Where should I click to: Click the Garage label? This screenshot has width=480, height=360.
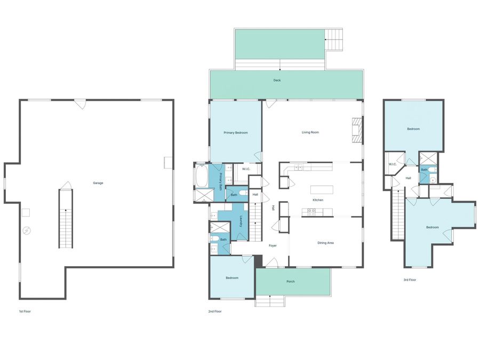[x=98, y=183]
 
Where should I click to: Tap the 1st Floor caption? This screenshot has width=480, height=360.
[x=25, y=311]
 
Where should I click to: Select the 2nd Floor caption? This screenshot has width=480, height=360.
[x=215, y=311]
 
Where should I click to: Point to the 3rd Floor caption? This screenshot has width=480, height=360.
[x=410, y=280]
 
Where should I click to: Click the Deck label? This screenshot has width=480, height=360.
[x=277, y=80]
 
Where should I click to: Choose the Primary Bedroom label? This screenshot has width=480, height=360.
[x=236, y=133]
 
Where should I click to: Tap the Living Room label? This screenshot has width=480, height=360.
[x=310, y=132]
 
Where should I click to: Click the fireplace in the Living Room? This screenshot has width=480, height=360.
[x=357, y=130]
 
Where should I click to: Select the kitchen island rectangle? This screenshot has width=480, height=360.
[x=322, y=190]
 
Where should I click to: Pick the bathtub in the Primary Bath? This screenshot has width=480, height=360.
[x=202, y=175]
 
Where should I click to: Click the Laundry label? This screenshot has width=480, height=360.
[x=241, y=221]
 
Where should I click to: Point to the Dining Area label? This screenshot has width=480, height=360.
[x=326, y=243]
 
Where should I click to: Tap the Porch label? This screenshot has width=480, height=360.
[x=291, y=281]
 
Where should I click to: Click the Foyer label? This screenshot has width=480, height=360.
[x=273, y=245]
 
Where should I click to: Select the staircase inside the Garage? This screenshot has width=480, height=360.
[x=66, y=219]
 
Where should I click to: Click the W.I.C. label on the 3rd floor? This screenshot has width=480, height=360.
[x=393, y=164]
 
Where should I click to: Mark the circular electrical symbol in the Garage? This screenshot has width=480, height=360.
[x=27, y=230]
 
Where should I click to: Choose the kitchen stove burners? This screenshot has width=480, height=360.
[x=311, y=212]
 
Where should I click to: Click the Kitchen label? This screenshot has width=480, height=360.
[x=318, y=200]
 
